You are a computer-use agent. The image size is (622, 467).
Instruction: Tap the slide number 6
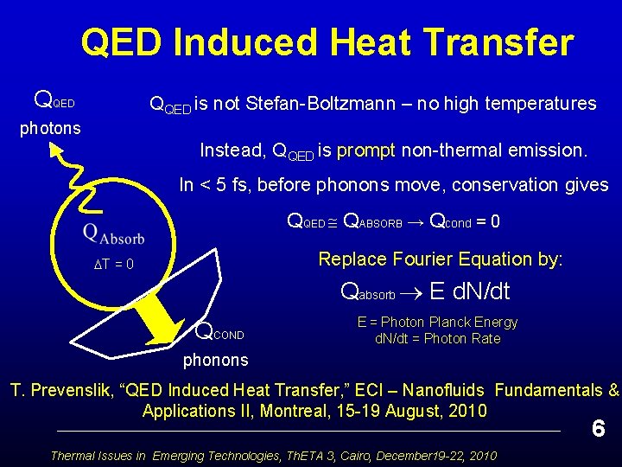pos(597,428)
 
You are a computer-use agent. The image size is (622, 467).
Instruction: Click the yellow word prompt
pos(365,150)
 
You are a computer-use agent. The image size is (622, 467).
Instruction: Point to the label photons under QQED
pos(50,128)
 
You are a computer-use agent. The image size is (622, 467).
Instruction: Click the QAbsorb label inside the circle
pos(113,233)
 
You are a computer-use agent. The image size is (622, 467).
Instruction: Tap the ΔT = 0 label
pos(113,265)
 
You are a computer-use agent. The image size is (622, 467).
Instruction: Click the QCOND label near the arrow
pos(221,330)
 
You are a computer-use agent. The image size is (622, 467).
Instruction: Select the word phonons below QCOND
pos(215,360)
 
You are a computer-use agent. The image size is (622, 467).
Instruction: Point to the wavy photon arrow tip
pos(54,150)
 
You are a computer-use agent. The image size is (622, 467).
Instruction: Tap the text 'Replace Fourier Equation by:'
pos(441,259)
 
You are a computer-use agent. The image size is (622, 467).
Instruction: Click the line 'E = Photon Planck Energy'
pos(437,322)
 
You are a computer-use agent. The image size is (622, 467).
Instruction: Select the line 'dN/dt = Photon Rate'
pos(437,338)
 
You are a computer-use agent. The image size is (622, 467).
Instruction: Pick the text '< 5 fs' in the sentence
pos(225,185)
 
